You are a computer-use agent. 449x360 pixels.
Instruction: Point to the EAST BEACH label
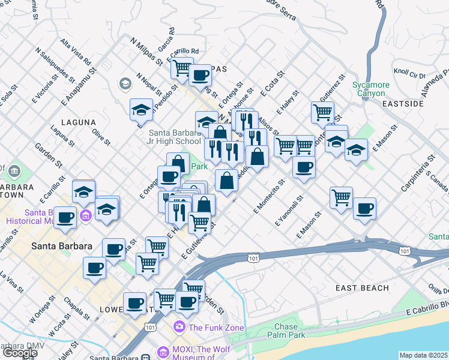362,289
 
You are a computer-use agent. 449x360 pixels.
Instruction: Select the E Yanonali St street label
289,211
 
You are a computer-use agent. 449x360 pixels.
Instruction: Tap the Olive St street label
101,136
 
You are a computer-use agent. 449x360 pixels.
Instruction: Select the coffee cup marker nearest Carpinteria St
364,208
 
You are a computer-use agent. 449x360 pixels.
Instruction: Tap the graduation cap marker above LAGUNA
140,109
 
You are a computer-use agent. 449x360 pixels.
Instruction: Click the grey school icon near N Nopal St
126,83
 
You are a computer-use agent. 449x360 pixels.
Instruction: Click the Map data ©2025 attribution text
424,355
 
